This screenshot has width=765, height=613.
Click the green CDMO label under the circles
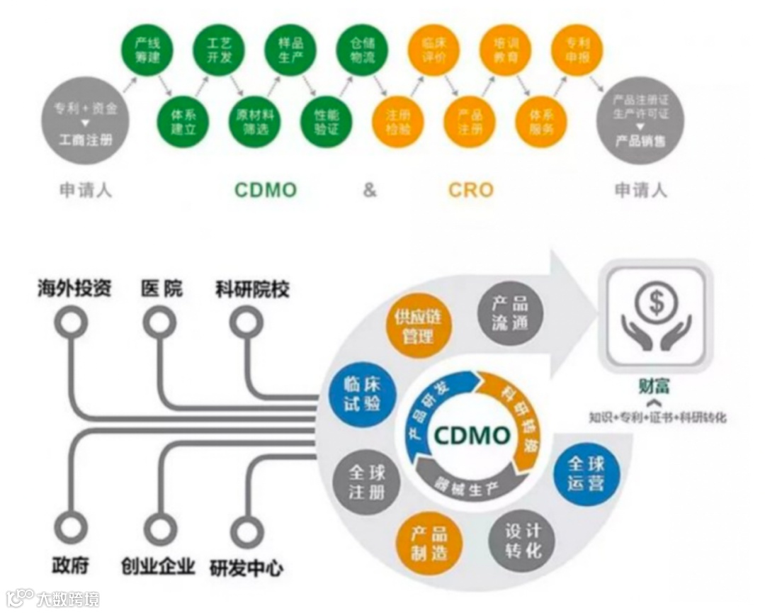pos(266,190)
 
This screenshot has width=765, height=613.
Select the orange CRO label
pos(471,190)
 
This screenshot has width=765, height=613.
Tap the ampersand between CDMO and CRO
pos(370,190)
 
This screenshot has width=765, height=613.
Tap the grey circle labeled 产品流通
pos(510,313)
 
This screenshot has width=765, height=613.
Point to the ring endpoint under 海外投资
pos(72,323)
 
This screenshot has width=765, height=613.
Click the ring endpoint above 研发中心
pos(246,531)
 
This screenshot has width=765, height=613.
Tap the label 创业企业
pos(158,567)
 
